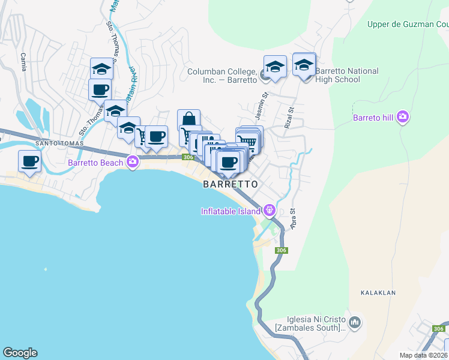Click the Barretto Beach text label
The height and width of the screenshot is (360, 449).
click(95, 162)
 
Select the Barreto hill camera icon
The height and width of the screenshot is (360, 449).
click(403, 116)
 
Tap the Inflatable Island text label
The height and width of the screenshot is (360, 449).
click(231, 210)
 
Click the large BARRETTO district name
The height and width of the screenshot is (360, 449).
click(231, 184)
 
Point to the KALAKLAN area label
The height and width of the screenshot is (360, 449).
click(378, 293)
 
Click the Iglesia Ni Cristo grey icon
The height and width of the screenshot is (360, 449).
click(355, 323)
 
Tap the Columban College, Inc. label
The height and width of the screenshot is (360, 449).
click(222, 75)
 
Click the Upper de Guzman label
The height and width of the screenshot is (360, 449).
click(408, 25)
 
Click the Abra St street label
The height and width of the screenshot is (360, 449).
click(294, 218)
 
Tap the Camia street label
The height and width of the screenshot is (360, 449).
click(23, 62)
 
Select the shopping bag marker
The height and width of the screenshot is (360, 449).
click(188, 119)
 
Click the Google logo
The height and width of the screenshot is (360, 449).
click(20, 353)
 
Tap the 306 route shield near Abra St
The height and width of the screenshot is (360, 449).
click(281, 250)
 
